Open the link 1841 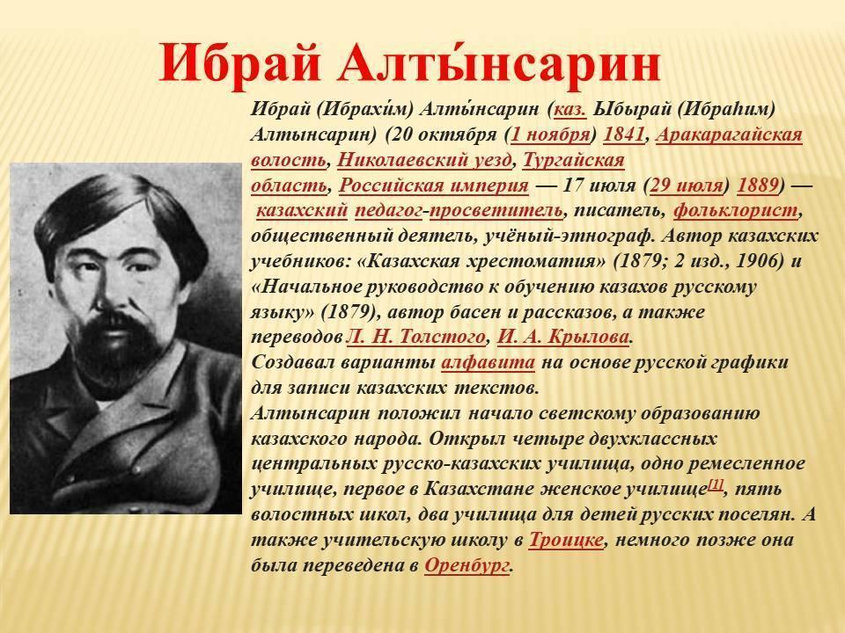pos(624,135)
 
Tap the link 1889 pos(758,186)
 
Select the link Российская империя pos(434,186)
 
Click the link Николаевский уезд pos(424,160)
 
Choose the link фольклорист pos(736,211)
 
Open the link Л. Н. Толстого pos(416,338)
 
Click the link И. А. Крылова pos(563,338)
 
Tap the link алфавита pos(489,363)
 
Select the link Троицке pos(566,540)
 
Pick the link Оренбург pos(467,565)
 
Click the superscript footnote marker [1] pos(716,484)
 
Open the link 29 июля pos(686,186)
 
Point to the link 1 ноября pos(550,135)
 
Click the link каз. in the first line pos(570,110)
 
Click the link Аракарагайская pos(729,135)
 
